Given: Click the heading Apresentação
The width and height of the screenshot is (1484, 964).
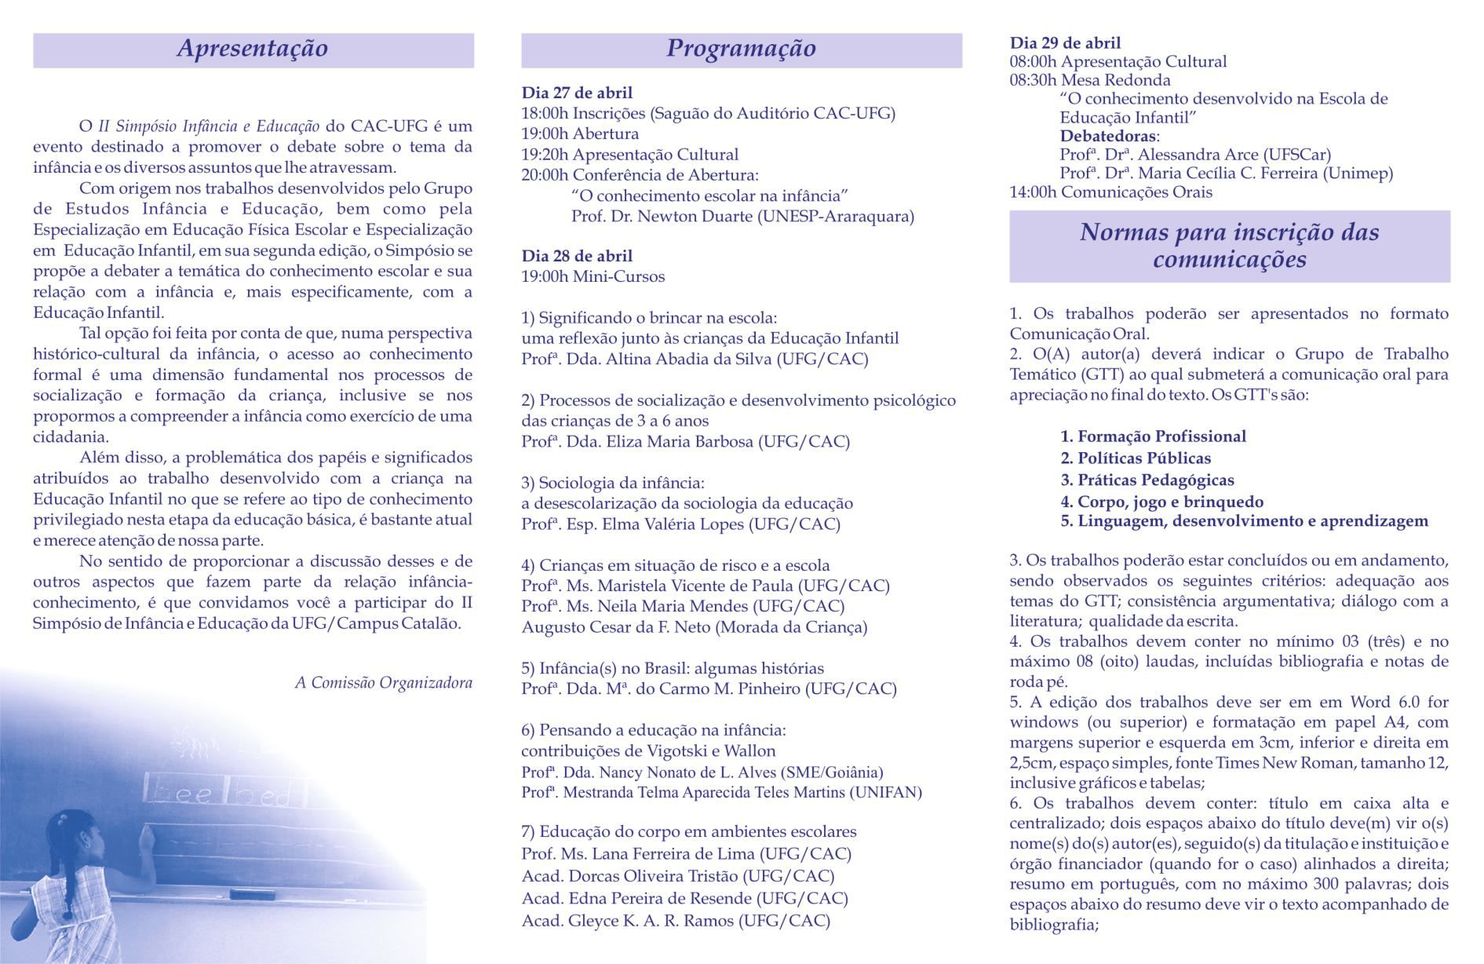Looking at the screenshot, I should (253, 49).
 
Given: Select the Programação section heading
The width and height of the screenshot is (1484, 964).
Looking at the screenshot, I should (741, 49).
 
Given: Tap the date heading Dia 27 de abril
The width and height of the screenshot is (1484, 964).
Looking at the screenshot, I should (577, 93).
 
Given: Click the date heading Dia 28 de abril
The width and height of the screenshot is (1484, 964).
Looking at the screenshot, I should (577, 256).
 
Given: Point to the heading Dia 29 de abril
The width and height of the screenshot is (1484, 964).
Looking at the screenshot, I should (1065, 43).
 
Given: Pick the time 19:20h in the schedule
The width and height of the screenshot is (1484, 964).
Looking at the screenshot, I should (545, 155).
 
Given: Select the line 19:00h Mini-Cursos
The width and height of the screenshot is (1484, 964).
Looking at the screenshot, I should (593, 276).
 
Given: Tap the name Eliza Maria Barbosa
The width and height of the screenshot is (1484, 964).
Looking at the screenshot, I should (680, 441).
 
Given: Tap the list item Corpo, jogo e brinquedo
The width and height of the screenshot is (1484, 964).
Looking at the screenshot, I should (1162, 502).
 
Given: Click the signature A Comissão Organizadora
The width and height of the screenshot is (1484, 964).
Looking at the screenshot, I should (384, 683).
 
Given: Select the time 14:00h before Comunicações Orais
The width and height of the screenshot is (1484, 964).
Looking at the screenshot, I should (1033, 192).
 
